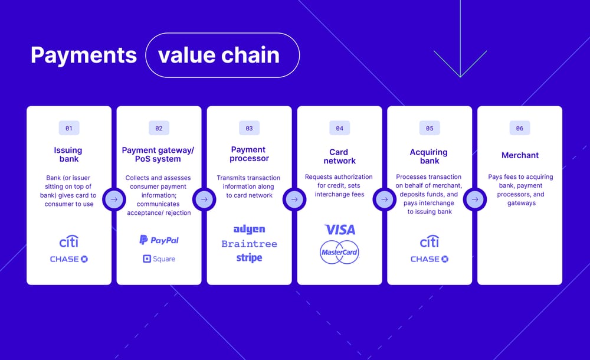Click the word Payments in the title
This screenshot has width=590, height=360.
83,55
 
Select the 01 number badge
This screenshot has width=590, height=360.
68,128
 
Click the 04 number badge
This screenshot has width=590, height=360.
339,128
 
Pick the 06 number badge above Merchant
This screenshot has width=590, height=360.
520,128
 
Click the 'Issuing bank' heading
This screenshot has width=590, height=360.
68,155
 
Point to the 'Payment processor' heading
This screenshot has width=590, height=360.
249,154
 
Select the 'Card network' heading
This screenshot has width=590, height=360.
339,156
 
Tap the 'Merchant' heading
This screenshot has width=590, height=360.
520,155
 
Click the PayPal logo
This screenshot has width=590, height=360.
159,240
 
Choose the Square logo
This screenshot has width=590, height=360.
159,258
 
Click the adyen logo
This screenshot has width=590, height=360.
249,229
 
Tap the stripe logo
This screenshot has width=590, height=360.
249,258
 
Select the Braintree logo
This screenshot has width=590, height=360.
249,244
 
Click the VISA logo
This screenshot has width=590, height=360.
339,230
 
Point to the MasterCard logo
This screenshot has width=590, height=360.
339,252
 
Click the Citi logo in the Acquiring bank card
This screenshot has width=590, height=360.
430,242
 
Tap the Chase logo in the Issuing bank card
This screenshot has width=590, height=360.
68,259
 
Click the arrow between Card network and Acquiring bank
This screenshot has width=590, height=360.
384,199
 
